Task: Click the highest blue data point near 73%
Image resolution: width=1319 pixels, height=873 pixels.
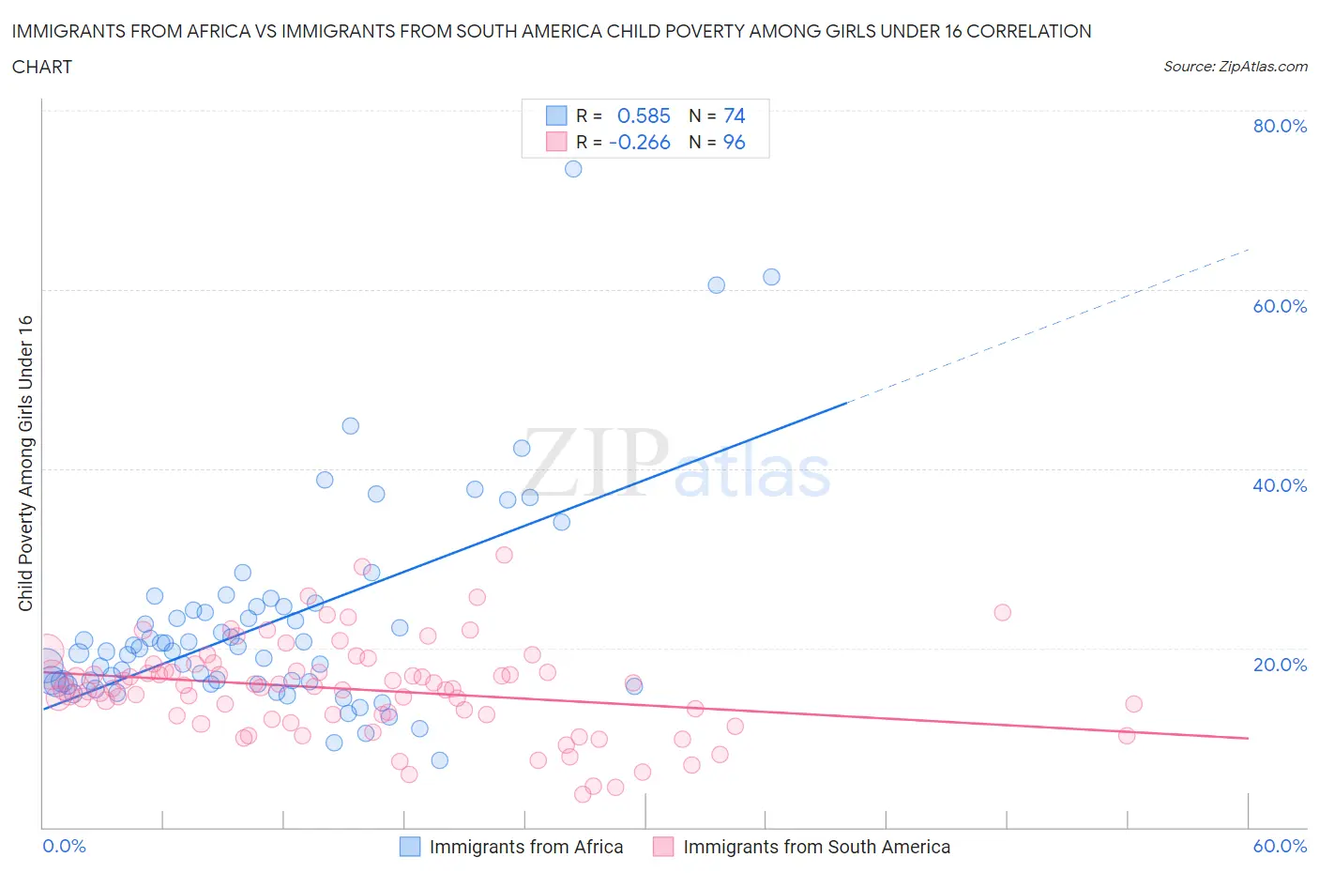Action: pos(573,169)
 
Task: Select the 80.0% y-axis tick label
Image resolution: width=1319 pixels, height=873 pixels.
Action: pos(1280,126)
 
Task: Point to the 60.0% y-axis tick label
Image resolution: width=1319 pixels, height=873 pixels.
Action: pos(1280,306)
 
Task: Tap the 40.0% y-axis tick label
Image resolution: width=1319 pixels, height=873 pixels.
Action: pos(1280,485)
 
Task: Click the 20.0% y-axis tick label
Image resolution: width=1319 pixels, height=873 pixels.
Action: pos(1280,665)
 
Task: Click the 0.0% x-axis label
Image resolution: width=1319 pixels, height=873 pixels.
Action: pos(64,846)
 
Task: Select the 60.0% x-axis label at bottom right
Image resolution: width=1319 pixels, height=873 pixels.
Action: pos(1280,846)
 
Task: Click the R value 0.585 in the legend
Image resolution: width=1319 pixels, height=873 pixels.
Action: pos(644,115)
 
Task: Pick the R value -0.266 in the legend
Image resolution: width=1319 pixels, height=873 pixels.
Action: pos(640,142)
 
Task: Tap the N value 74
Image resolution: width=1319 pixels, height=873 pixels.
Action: pos(734,115)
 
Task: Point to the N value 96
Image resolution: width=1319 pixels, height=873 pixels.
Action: pos(734,142)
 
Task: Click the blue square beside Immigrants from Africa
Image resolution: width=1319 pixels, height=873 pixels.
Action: pos(410,847)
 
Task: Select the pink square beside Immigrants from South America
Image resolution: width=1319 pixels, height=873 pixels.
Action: pos(663,847)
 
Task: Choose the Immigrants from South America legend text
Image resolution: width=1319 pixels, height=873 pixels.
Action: pos(816,847)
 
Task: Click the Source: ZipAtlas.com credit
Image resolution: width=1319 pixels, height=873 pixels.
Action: pos(1235,67)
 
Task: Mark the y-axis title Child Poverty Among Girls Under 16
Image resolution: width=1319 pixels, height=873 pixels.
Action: pos(26,463)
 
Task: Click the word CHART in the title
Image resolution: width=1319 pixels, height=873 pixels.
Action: pos(42,67)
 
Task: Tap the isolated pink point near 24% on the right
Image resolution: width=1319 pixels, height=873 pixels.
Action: pos(1002,612)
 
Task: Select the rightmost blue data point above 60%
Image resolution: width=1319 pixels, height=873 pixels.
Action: pos(771,277)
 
